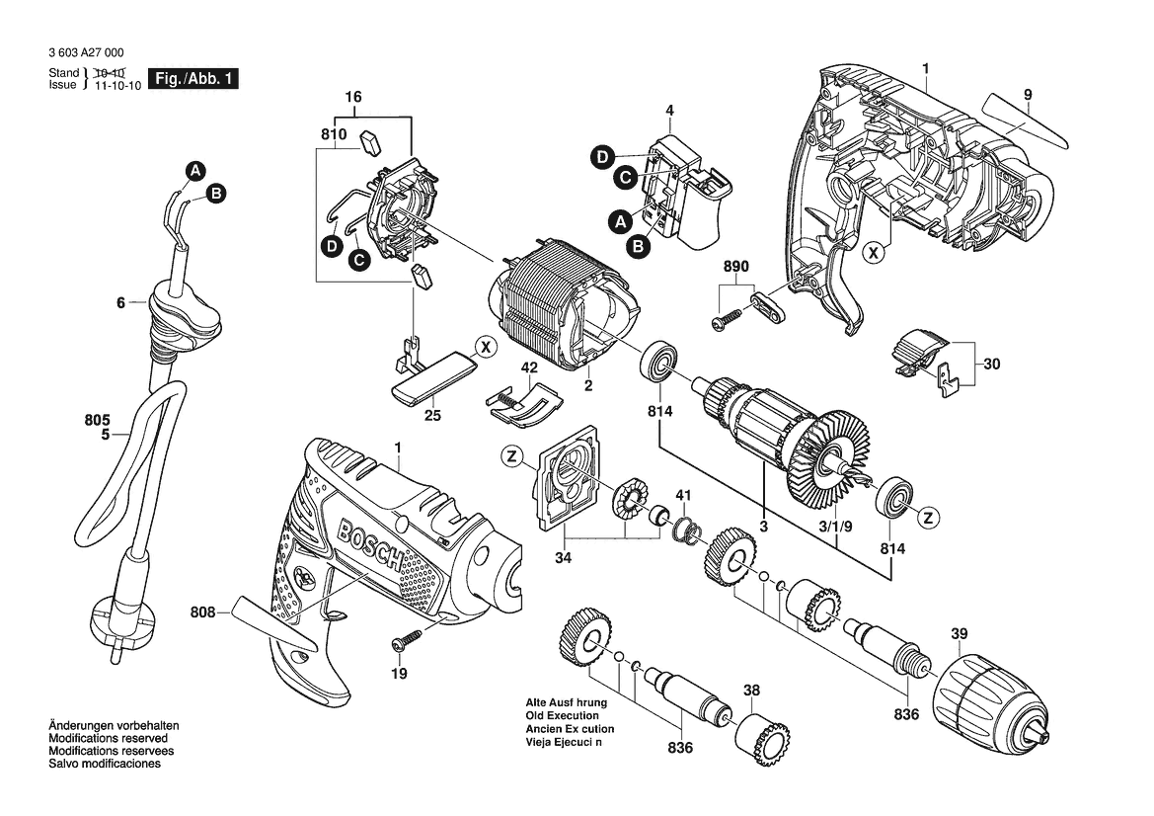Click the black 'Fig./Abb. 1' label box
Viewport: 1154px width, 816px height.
pos(193,79)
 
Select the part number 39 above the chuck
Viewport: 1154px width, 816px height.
pos(959,633)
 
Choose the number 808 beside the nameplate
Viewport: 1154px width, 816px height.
pos(202,612)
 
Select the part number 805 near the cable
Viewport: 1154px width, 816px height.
pos(97,421)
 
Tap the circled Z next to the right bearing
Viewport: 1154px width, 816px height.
pos(929,518)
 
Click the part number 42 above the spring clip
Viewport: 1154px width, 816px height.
pos(529,367)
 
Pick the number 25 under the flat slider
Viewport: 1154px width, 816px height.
pos(432,415)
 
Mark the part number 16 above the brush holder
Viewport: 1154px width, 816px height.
pos(353,97)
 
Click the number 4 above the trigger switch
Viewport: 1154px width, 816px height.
pos(669,111)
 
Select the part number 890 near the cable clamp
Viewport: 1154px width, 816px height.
pos(735,266)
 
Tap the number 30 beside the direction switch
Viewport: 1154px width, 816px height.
pos(991,364)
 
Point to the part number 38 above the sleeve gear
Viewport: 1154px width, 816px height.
pos(751,691)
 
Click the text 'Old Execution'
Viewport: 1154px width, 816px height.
pos(563,715)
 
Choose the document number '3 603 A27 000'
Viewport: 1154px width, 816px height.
pos(86,52)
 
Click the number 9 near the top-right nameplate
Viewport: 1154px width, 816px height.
pos(1028,94)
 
